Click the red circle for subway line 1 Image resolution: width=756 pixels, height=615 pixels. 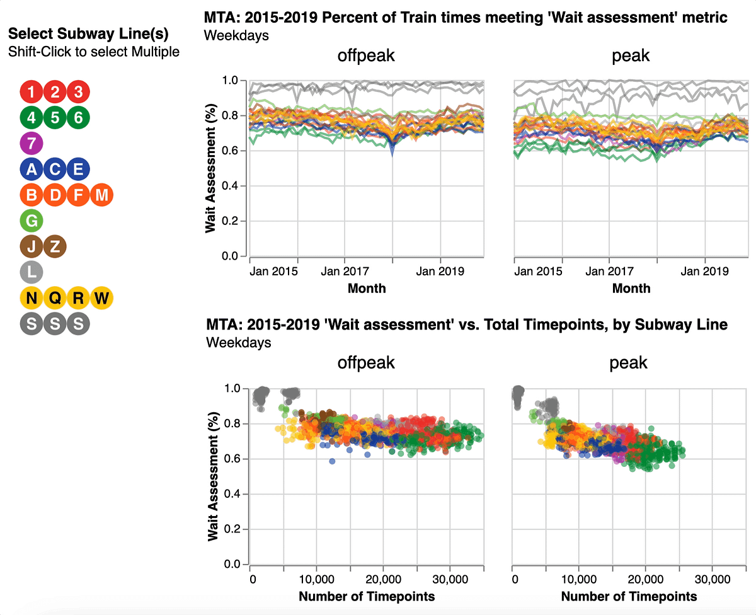pos(32,92)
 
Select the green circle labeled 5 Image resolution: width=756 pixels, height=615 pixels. pos(55,117)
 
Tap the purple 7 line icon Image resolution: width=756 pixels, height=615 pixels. pos(32,143)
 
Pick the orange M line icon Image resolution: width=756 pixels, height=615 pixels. pos(101,195)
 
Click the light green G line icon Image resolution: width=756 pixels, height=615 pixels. pos(32,221)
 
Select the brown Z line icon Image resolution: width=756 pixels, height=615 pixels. pos(55,246)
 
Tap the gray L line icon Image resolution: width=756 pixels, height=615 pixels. pos(32,272)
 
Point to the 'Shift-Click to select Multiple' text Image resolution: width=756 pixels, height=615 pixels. pos(94,52)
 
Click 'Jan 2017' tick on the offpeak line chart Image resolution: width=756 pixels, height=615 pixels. pos(345,272)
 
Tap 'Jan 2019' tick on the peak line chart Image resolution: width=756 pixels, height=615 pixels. pos(704,272)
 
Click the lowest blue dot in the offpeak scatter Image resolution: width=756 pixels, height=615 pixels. pos(332,461)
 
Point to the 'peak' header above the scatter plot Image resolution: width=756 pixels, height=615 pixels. pos(629,363)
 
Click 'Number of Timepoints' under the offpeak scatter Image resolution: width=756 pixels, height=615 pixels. pos(366,596)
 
